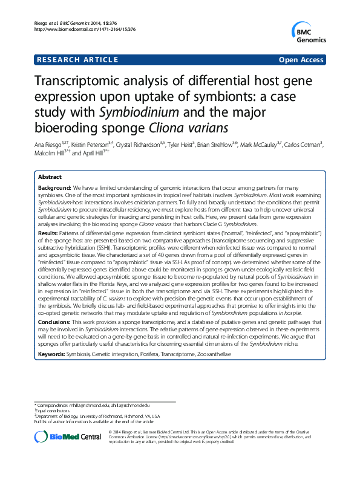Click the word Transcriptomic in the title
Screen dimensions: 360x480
pos(83,84)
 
